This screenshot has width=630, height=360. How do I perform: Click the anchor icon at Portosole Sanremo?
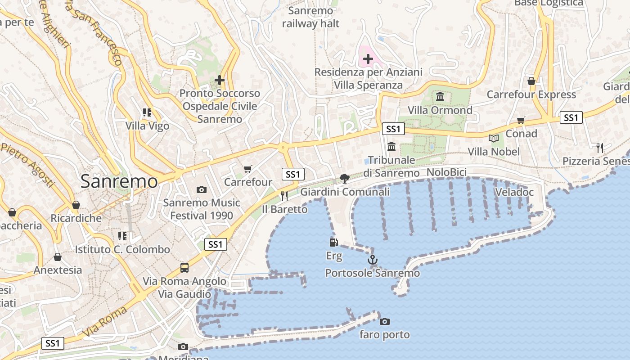click(x=372, y=260)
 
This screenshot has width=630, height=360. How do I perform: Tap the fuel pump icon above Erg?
click(x=333, y=243)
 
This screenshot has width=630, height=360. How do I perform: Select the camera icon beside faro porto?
click(x=384, y=321)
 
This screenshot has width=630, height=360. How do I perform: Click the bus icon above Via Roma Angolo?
click(x=184, y=268)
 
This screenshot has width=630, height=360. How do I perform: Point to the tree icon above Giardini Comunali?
click(x=345, y=178)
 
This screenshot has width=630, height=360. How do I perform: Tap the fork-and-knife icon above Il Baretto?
click(x=284, y=196)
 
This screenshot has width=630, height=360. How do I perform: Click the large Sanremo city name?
click(x=119, y=181)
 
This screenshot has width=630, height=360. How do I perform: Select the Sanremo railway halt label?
click(x=310, y=17)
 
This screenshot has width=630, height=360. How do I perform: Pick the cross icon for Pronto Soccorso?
click(x=220, y=80)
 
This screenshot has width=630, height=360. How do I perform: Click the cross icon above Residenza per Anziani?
click(x=368, y=58)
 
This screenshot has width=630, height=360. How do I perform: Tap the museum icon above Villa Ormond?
click(x=440, y=96)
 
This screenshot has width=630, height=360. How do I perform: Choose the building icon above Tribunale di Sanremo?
click(x=391, y=146)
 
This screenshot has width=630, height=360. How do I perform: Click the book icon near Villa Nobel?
click(x=494, y=138)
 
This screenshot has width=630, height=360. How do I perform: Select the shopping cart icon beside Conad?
click(x=521, y=120)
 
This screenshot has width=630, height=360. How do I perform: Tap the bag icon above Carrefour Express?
click(x=531, y=81)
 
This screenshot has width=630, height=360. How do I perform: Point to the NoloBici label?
click(x=446, y=172)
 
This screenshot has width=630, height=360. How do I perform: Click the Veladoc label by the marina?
click(x=514, y=192)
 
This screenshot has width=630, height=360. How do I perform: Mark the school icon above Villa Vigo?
click(x=147, y=112)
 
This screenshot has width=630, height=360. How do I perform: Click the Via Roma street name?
click(x=99, y=322)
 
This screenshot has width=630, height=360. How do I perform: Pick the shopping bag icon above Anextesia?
click(x=58, y=257)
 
